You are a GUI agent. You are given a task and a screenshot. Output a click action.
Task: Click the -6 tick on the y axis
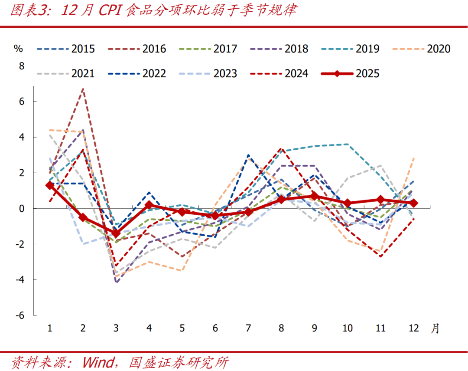(x=20, y=315)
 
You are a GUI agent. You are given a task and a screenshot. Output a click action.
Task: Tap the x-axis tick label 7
(x=248, y=328)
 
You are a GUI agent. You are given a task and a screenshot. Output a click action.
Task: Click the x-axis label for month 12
(x=414, y=328)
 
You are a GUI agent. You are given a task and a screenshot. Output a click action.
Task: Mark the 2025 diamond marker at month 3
(x=116, y=233)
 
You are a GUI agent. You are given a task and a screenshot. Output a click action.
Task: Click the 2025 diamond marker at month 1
(x=50, y=185)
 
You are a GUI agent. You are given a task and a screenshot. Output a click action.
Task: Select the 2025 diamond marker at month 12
(x=414, y=203)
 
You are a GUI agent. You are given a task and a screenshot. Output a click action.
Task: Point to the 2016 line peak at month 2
(x=83, y=89)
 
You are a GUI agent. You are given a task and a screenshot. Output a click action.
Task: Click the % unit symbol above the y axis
(x=18, y=49)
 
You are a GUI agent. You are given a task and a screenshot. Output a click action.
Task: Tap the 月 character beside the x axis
(x=435, y=328)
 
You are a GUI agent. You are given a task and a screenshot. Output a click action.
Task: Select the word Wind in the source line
(x=98, y=361)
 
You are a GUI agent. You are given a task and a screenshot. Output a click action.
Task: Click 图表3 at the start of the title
(x=28, y=11)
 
